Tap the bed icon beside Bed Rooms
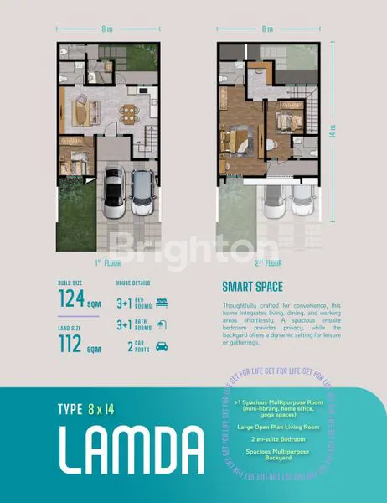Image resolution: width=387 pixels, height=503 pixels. (x=163, y=299)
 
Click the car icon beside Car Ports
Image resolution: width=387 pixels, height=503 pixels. (x=163, y=345)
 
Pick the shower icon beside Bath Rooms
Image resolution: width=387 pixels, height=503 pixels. (x=163, y=323)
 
